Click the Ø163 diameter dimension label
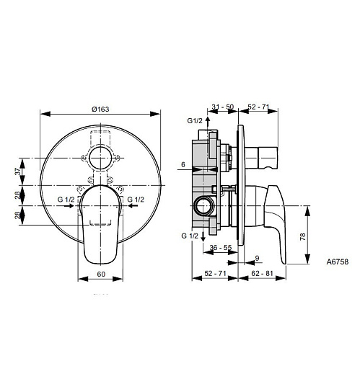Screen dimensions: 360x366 [x=100, y=110]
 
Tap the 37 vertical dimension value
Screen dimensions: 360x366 [x=18, y=171]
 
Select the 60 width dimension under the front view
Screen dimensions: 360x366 [x=101, y=274]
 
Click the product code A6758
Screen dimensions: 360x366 [x=338, y=262]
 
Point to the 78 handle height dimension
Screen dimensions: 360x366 [x=303, y=236]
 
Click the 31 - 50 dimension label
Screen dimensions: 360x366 [x=223, y=107]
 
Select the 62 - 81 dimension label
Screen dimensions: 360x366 [x=262, y=273]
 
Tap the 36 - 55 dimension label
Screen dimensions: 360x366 [x=221, y=247]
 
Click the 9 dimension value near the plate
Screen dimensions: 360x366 [x=257, y=258]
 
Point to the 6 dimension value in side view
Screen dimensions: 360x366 [x=183, y=164]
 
